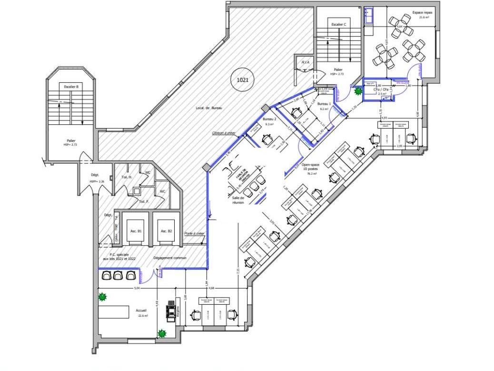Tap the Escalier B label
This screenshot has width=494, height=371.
click(71, 87)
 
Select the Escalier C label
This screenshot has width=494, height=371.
click(338, 24)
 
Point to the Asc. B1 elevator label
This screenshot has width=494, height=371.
click(136, 231)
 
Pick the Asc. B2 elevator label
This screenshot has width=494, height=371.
click(166, 231)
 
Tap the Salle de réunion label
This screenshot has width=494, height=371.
click(238, 200)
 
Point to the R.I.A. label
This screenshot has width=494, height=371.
click(305, 62)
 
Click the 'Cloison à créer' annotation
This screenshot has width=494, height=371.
click(224, 133)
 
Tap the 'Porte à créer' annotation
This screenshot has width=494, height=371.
click(194, 233)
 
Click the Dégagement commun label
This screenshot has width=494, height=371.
click(170, 258)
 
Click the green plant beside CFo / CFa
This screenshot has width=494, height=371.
click(358, 90)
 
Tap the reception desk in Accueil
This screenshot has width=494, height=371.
click(114, 312)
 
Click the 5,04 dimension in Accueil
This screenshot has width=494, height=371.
click(137, 289)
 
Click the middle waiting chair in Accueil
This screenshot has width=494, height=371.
click(119, 275)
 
